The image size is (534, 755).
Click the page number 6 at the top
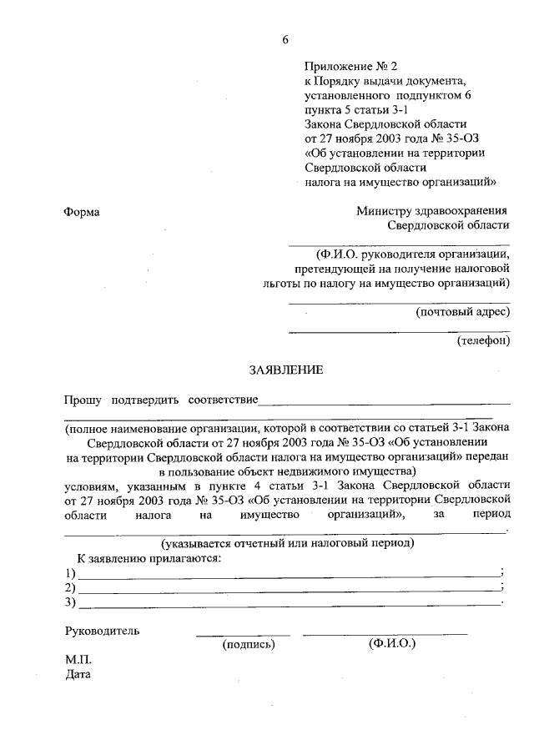[x=286, y=41]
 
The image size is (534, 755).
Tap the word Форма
[x=82, y=213]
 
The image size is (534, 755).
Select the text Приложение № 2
[x=346, y=64]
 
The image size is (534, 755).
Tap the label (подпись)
[x=248, y=645]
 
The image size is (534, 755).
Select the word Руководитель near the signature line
[x=102, y=631]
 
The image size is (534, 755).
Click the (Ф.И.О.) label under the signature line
[x=391, y=645]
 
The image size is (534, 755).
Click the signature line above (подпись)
[x=243, y=635]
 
